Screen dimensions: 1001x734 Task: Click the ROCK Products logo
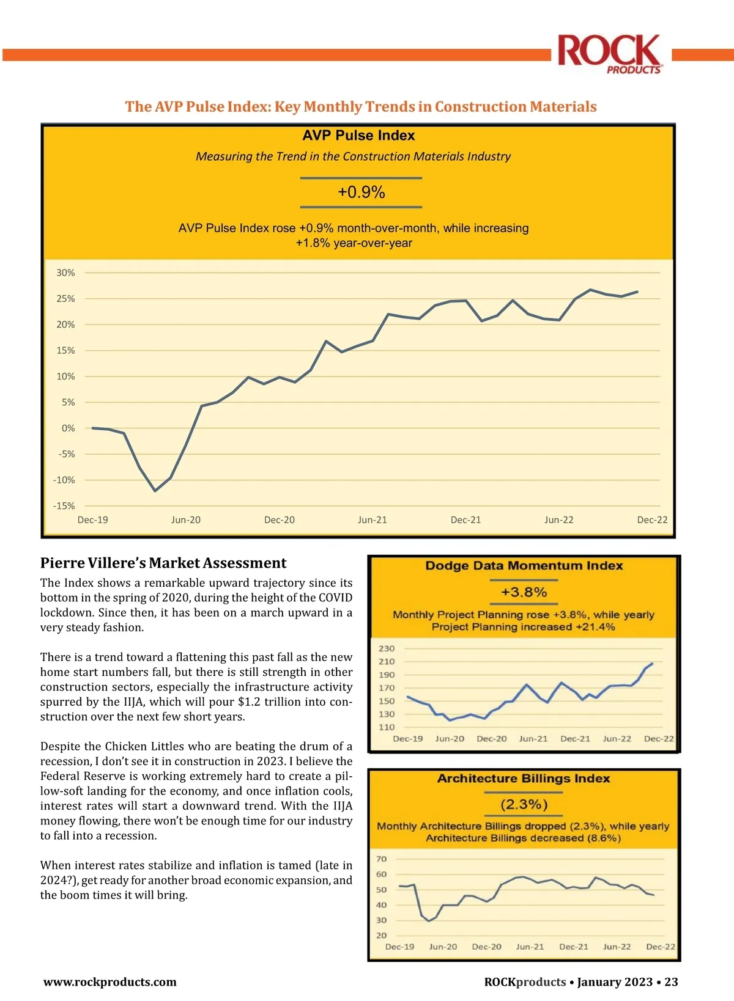point(610,54)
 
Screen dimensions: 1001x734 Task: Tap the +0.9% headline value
point(361,193)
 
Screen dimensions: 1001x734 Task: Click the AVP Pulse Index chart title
point(358,136)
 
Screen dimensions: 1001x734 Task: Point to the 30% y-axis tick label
point(65,273)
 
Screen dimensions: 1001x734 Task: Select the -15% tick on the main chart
point(64,506)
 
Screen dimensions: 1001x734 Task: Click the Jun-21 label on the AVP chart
point(373,520)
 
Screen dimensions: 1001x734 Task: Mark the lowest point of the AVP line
point(155,491)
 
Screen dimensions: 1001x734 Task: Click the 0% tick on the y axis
point(68,428)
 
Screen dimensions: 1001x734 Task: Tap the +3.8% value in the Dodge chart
point(524,592)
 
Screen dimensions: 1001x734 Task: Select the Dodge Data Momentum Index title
point(524,566)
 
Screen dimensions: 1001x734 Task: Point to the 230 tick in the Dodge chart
point(387,648)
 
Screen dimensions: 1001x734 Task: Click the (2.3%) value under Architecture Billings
point(524,804)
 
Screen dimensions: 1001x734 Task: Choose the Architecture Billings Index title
point(524,779)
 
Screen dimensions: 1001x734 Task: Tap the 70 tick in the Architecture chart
point(382,859)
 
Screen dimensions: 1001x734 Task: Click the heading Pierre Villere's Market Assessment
point(163,563)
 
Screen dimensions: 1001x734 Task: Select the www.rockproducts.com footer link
point(110,982)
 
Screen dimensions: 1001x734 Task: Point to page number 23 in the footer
point(671,982)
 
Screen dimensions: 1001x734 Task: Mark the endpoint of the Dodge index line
point(653,663)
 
